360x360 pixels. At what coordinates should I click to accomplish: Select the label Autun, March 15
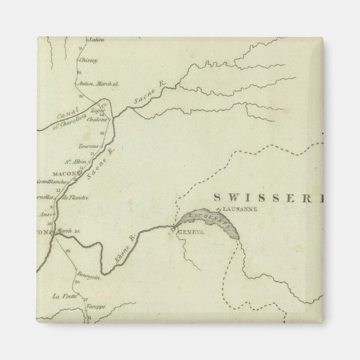100,83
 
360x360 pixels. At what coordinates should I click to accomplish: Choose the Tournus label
91,146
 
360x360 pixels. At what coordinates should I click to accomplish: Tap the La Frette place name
59,296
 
